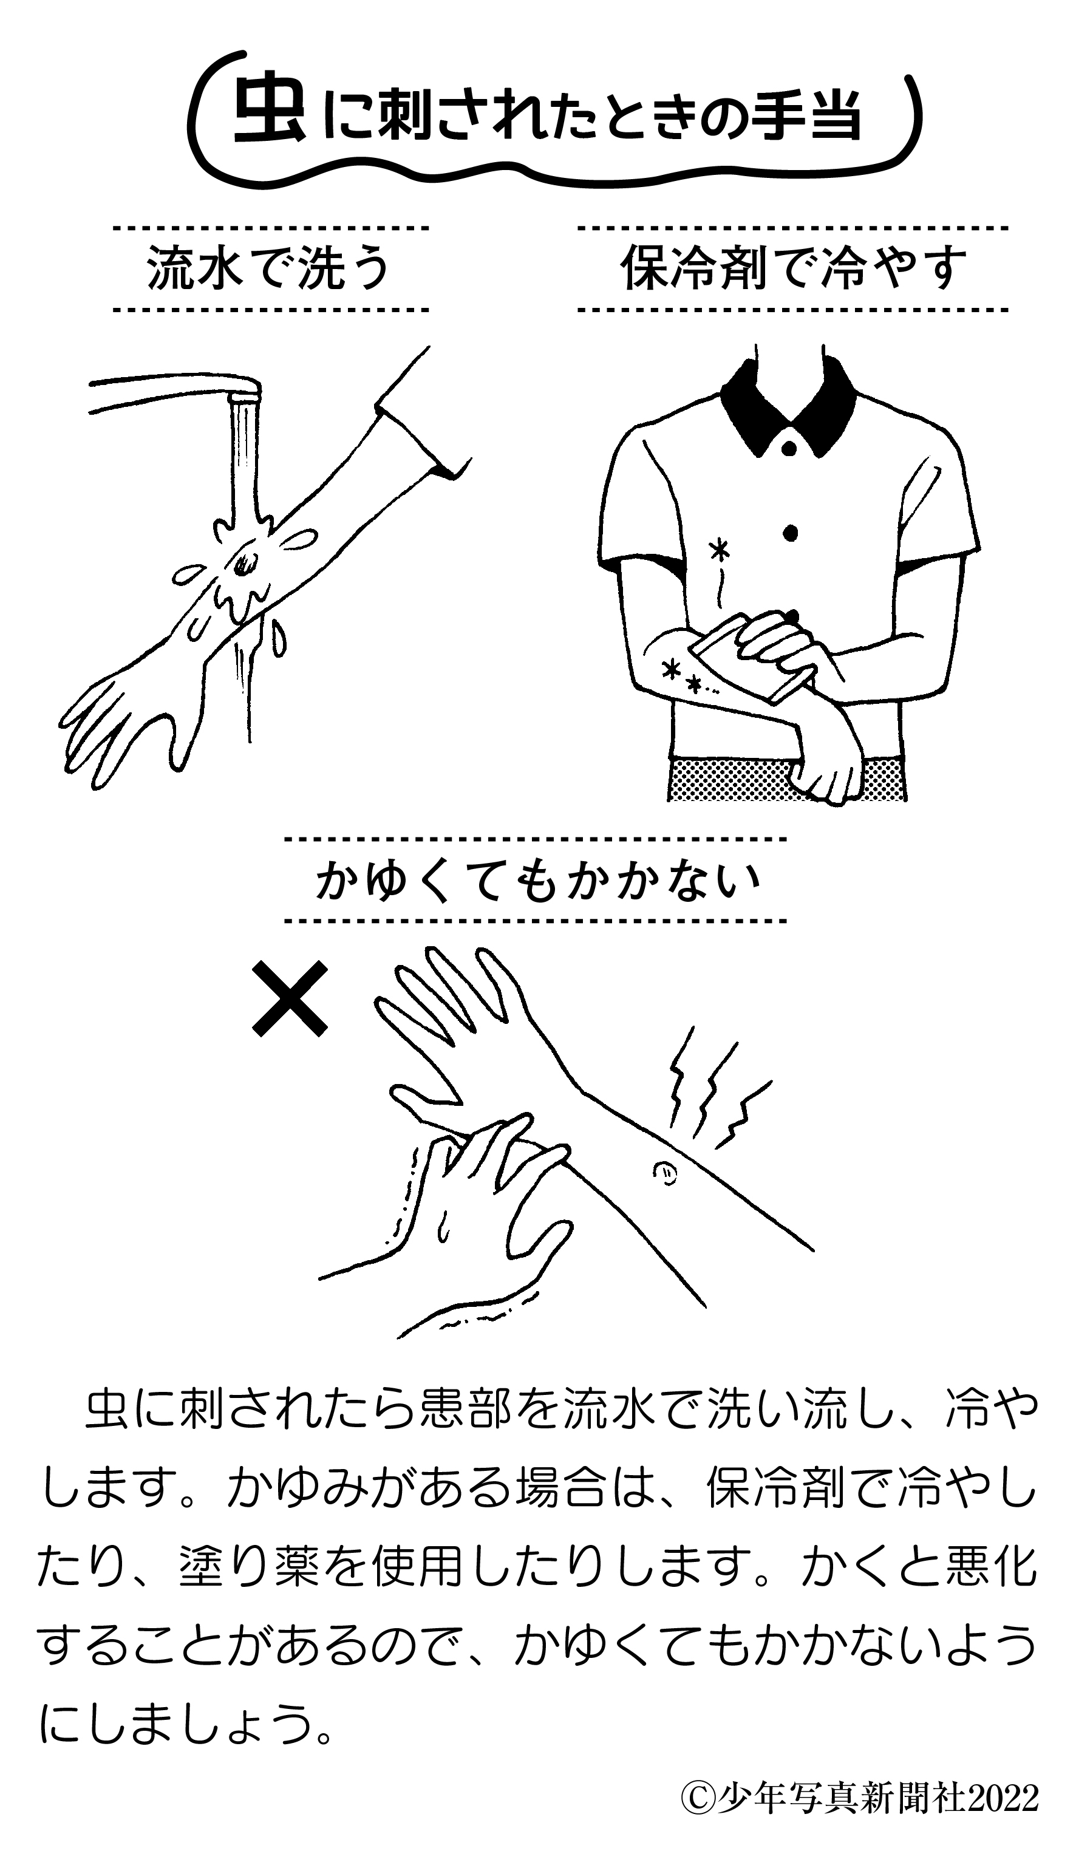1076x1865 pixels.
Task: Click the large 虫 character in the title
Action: tap(268, 113)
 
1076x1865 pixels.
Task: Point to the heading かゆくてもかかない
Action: tap(537, 881)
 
